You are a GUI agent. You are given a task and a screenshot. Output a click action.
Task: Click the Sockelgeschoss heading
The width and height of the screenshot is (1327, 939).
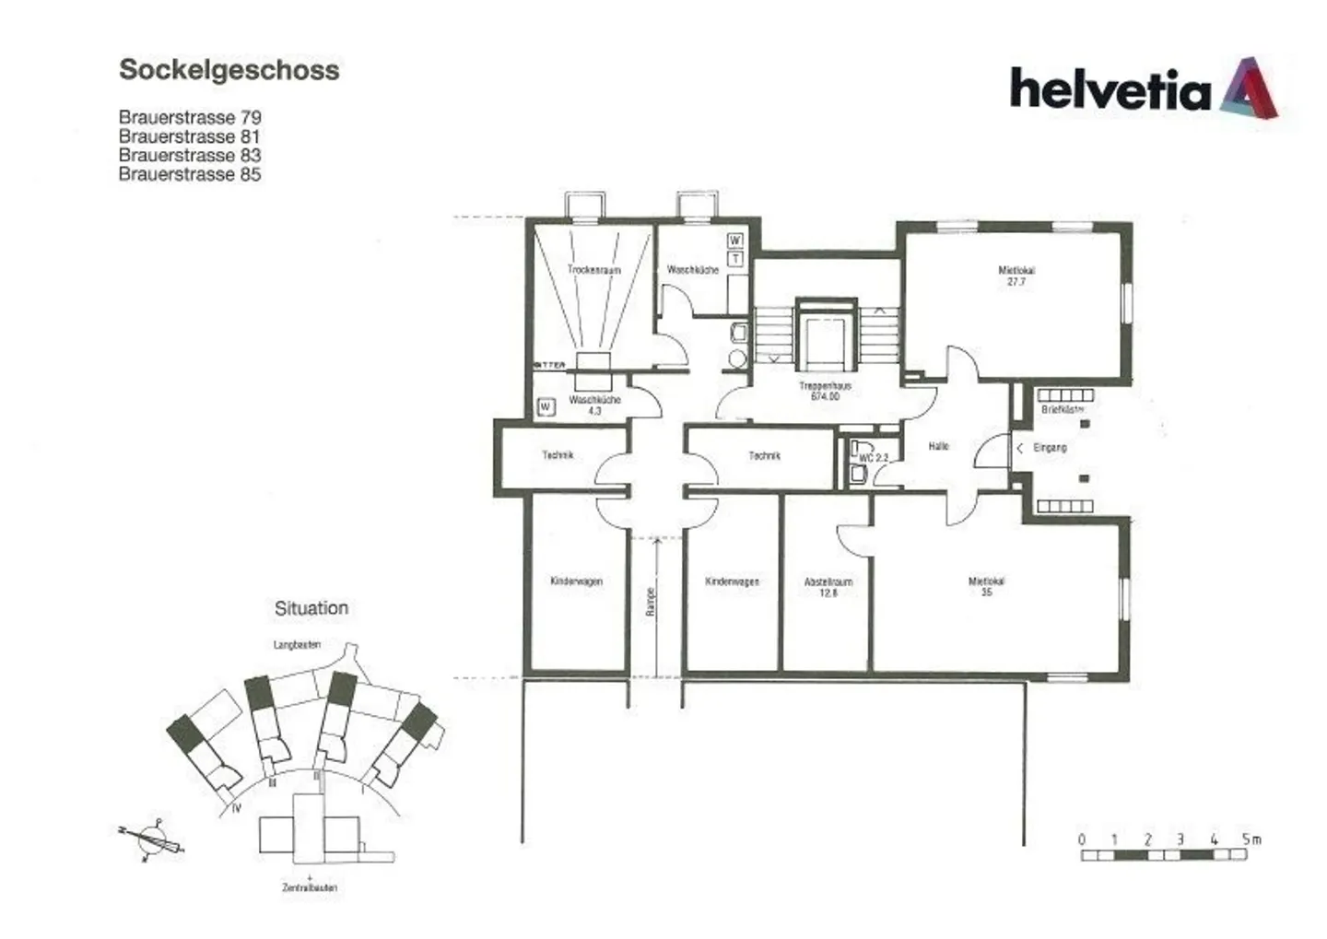pyautogui.click(x=229, y=70)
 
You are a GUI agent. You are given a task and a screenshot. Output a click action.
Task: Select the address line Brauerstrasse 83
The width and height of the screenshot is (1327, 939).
pyautogui.click(x=190, y=156)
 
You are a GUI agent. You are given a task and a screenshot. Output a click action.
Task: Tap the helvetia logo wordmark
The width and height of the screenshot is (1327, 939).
pyautogui.click(x=1110, y=90)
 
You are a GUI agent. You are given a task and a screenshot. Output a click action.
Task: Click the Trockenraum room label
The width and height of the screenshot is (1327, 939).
pyautogui.click(x=593, y=270)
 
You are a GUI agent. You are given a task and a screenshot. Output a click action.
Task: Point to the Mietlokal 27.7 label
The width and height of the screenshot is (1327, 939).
pyautogui.click(x=1016, y=276)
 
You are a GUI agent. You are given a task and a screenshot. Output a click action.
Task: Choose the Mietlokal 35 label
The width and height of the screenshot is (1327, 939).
pyautogui.click(x=986, y=586)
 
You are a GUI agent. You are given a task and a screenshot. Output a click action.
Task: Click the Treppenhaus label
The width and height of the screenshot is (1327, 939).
pyautogui.click(x=825, y=391)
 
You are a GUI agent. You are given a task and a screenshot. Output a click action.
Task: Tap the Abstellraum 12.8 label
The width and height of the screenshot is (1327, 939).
pyautogui.click(x=828, y=587)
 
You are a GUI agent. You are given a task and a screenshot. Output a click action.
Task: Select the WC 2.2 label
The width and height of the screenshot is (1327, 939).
pyautogui.click(x=873, y=458)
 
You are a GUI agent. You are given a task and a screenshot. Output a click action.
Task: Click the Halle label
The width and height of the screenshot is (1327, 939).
pyautogui.click(x=938, y=446)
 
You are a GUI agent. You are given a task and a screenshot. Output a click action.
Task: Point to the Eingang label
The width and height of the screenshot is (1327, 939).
pyautogui.click(x=1050, y=448)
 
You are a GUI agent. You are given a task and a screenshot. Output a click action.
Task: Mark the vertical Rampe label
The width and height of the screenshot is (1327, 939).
pyautogui.click(x=651, y=601)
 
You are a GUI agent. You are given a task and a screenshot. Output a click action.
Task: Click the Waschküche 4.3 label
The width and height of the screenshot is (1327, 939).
pyautogui.click(x=594, y=405)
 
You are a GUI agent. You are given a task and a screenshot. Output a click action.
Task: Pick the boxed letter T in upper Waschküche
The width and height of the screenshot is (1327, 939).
pyautogui.click(x=734, y=259)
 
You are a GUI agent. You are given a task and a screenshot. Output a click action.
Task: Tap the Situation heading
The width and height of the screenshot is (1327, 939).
pyautogui.click(x=311, y=608)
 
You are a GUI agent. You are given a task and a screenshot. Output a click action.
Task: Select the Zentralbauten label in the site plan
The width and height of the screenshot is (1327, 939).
pyautogui.click(x=310, y=887)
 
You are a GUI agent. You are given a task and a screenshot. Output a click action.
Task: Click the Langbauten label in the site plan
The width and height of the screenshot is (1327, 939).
pyautogui.click(x=297, y=645)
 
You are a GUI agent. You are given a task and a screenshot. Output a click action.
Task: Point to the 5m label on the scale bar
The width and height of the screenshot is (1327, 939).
pyautogui.click(x=1251, y=839)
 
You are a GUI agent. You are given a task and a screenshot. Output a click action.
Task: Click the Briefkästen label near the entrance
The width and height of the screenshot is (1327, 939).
pyautogui.click(x=1062, y=409)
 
